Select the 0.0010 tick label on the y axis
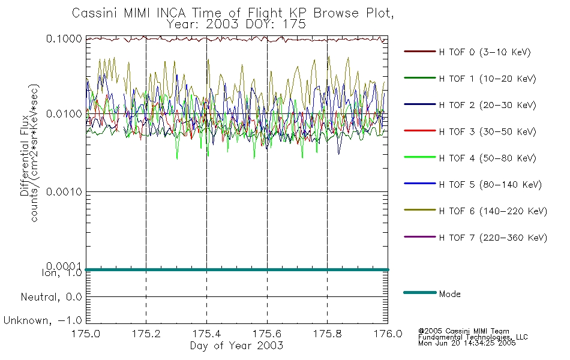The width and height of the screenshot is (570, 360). (x=64, y=192)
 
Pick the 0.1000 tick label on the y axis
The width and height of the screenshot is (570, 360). (x=64, y=38)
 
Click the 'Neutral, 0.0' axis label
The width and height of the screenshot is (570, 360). (x=52, y=296)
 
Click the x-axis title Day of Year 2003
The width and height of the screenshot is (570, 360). (x=236, y=346)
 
